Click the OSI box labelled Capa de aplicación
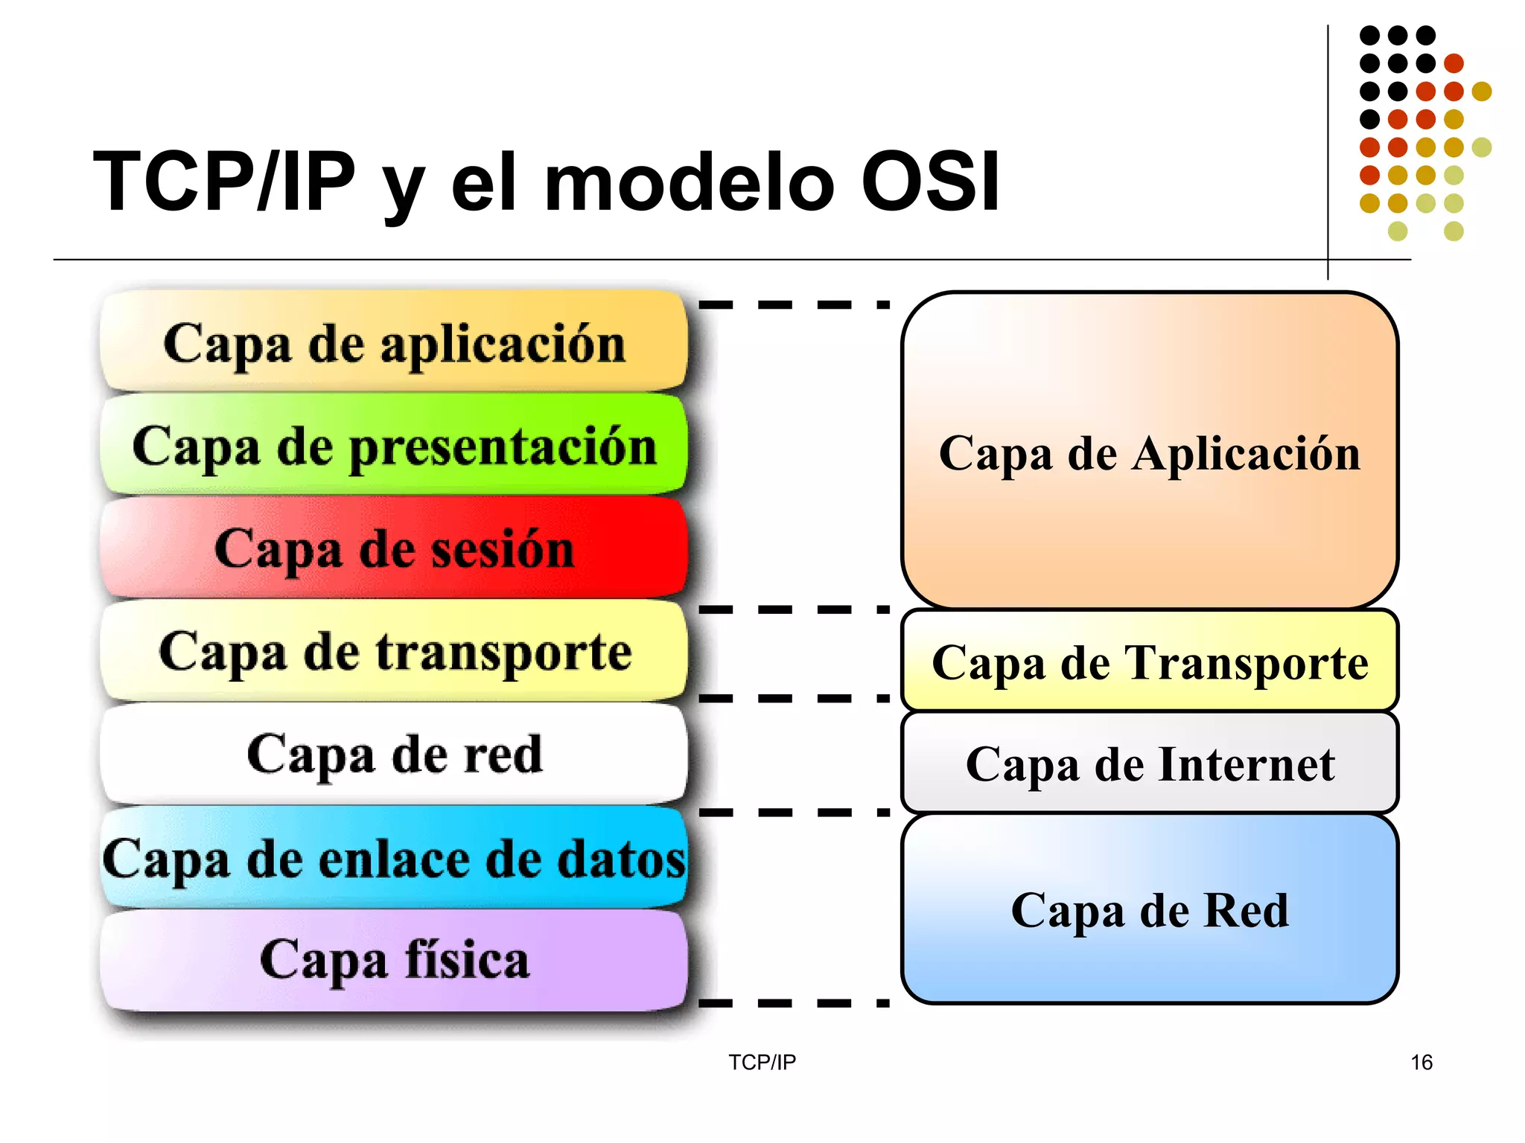click(394, 343)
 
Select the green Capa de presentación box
click(394, 446)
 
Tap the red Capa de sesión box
click(394, 548)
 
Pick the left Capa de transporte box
click(394, 651)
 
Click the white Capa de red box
click(394, 754)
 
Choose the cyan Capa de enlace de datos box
click(394, 858)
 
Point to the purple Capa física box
click(394, 960)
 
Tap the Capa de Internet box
click(1150, 763)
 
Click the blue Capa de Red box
click(1150, 909)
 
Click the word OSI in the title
click(930, 182)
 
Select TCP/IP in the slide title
click(224, 182)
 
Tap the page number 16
click(1421, 1062)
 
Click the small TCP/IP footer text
click(762, 1062)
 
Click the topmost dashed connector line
click(794, 304)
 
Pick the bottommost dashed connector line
click(794, 1003)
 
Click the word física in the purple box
click(467, 960)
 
